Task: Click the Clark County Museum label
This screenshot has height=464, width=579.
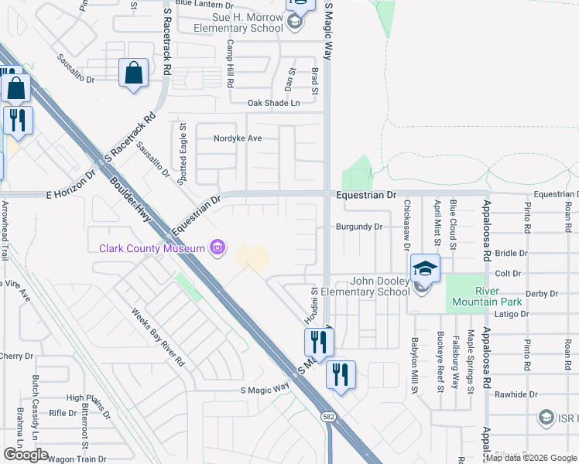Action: pos(151,247)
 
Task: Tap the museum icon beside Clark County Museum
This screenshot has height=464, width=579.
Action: pos(218,247)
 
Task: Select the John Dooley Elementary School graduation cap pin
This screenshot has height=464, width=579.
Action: pos(425,268)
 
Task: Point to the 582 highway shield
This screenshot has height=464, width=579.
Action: pos(329,416)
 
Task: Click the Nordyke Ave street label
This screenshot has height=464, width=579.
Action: pos(238,138)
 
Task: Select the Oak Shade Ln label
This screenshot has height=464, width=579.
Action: pos(272,103)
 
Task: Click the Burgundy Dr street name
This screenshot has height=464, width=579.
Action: pos(359,227)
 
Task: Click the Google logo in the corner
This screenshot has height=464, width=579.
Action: pos(26,455)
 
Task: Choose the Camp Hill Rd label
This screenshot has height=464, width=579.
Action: pos(230,64)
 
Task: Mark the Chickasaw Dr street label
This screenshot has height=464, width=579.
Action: pos(406,225)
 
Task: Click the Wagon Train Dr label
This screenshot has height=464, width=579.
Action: pos(77,459)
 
